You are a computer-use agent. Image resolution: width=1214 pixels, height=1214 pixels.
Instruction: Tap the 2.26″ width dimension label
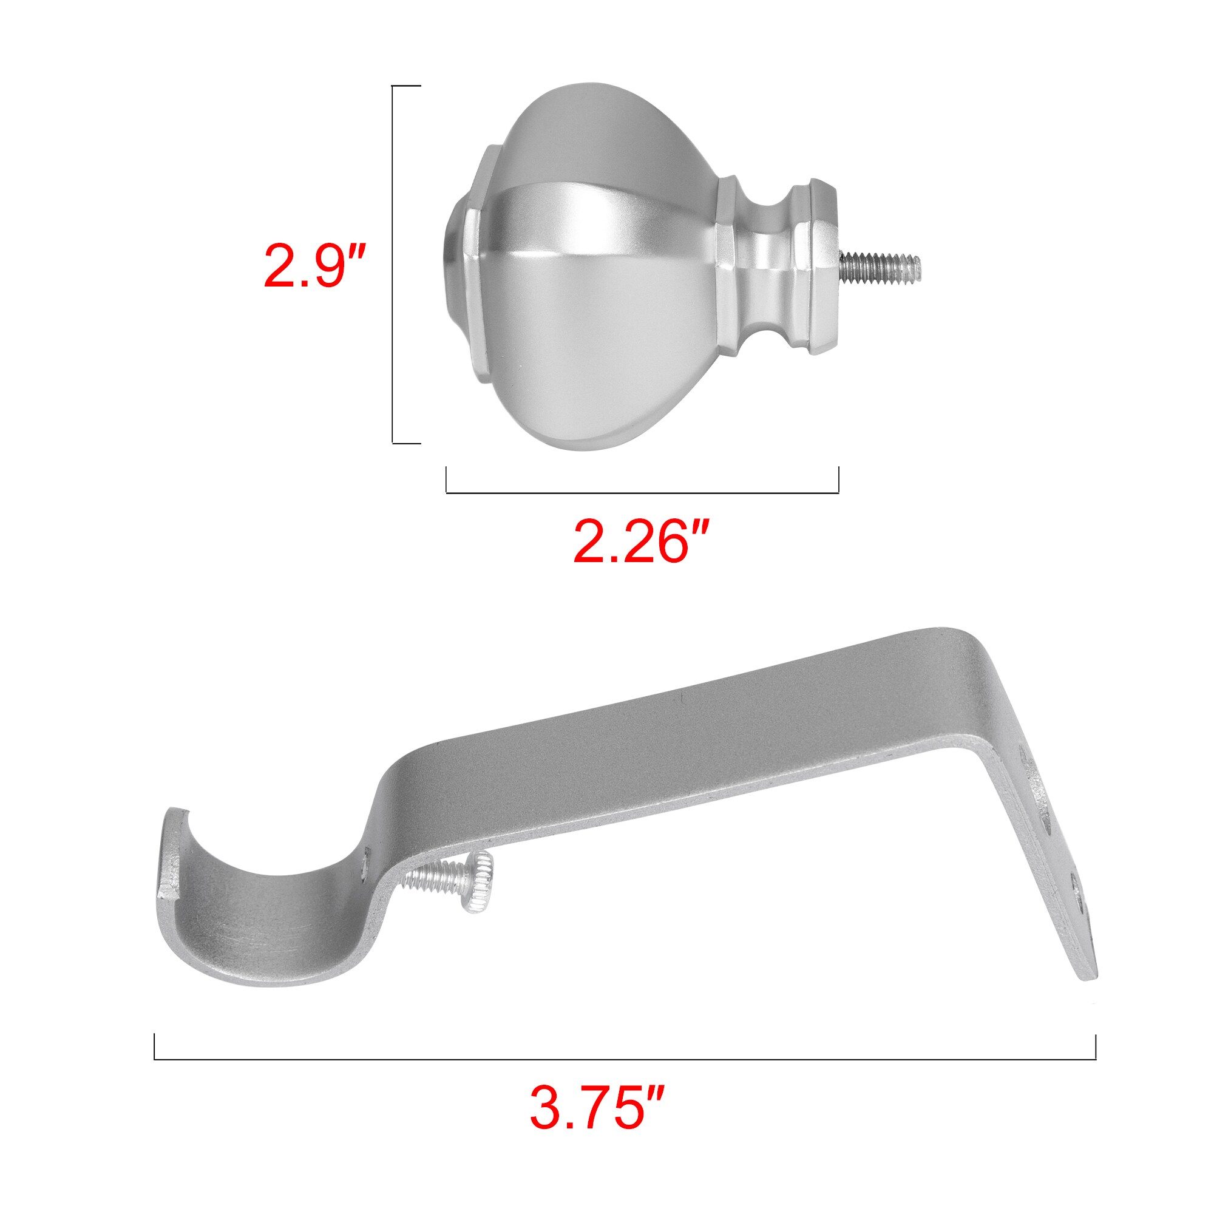[641, 539]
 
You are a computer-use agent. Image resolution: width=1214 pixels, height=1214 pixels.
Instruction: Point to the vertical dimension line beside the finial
[393, 264]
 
